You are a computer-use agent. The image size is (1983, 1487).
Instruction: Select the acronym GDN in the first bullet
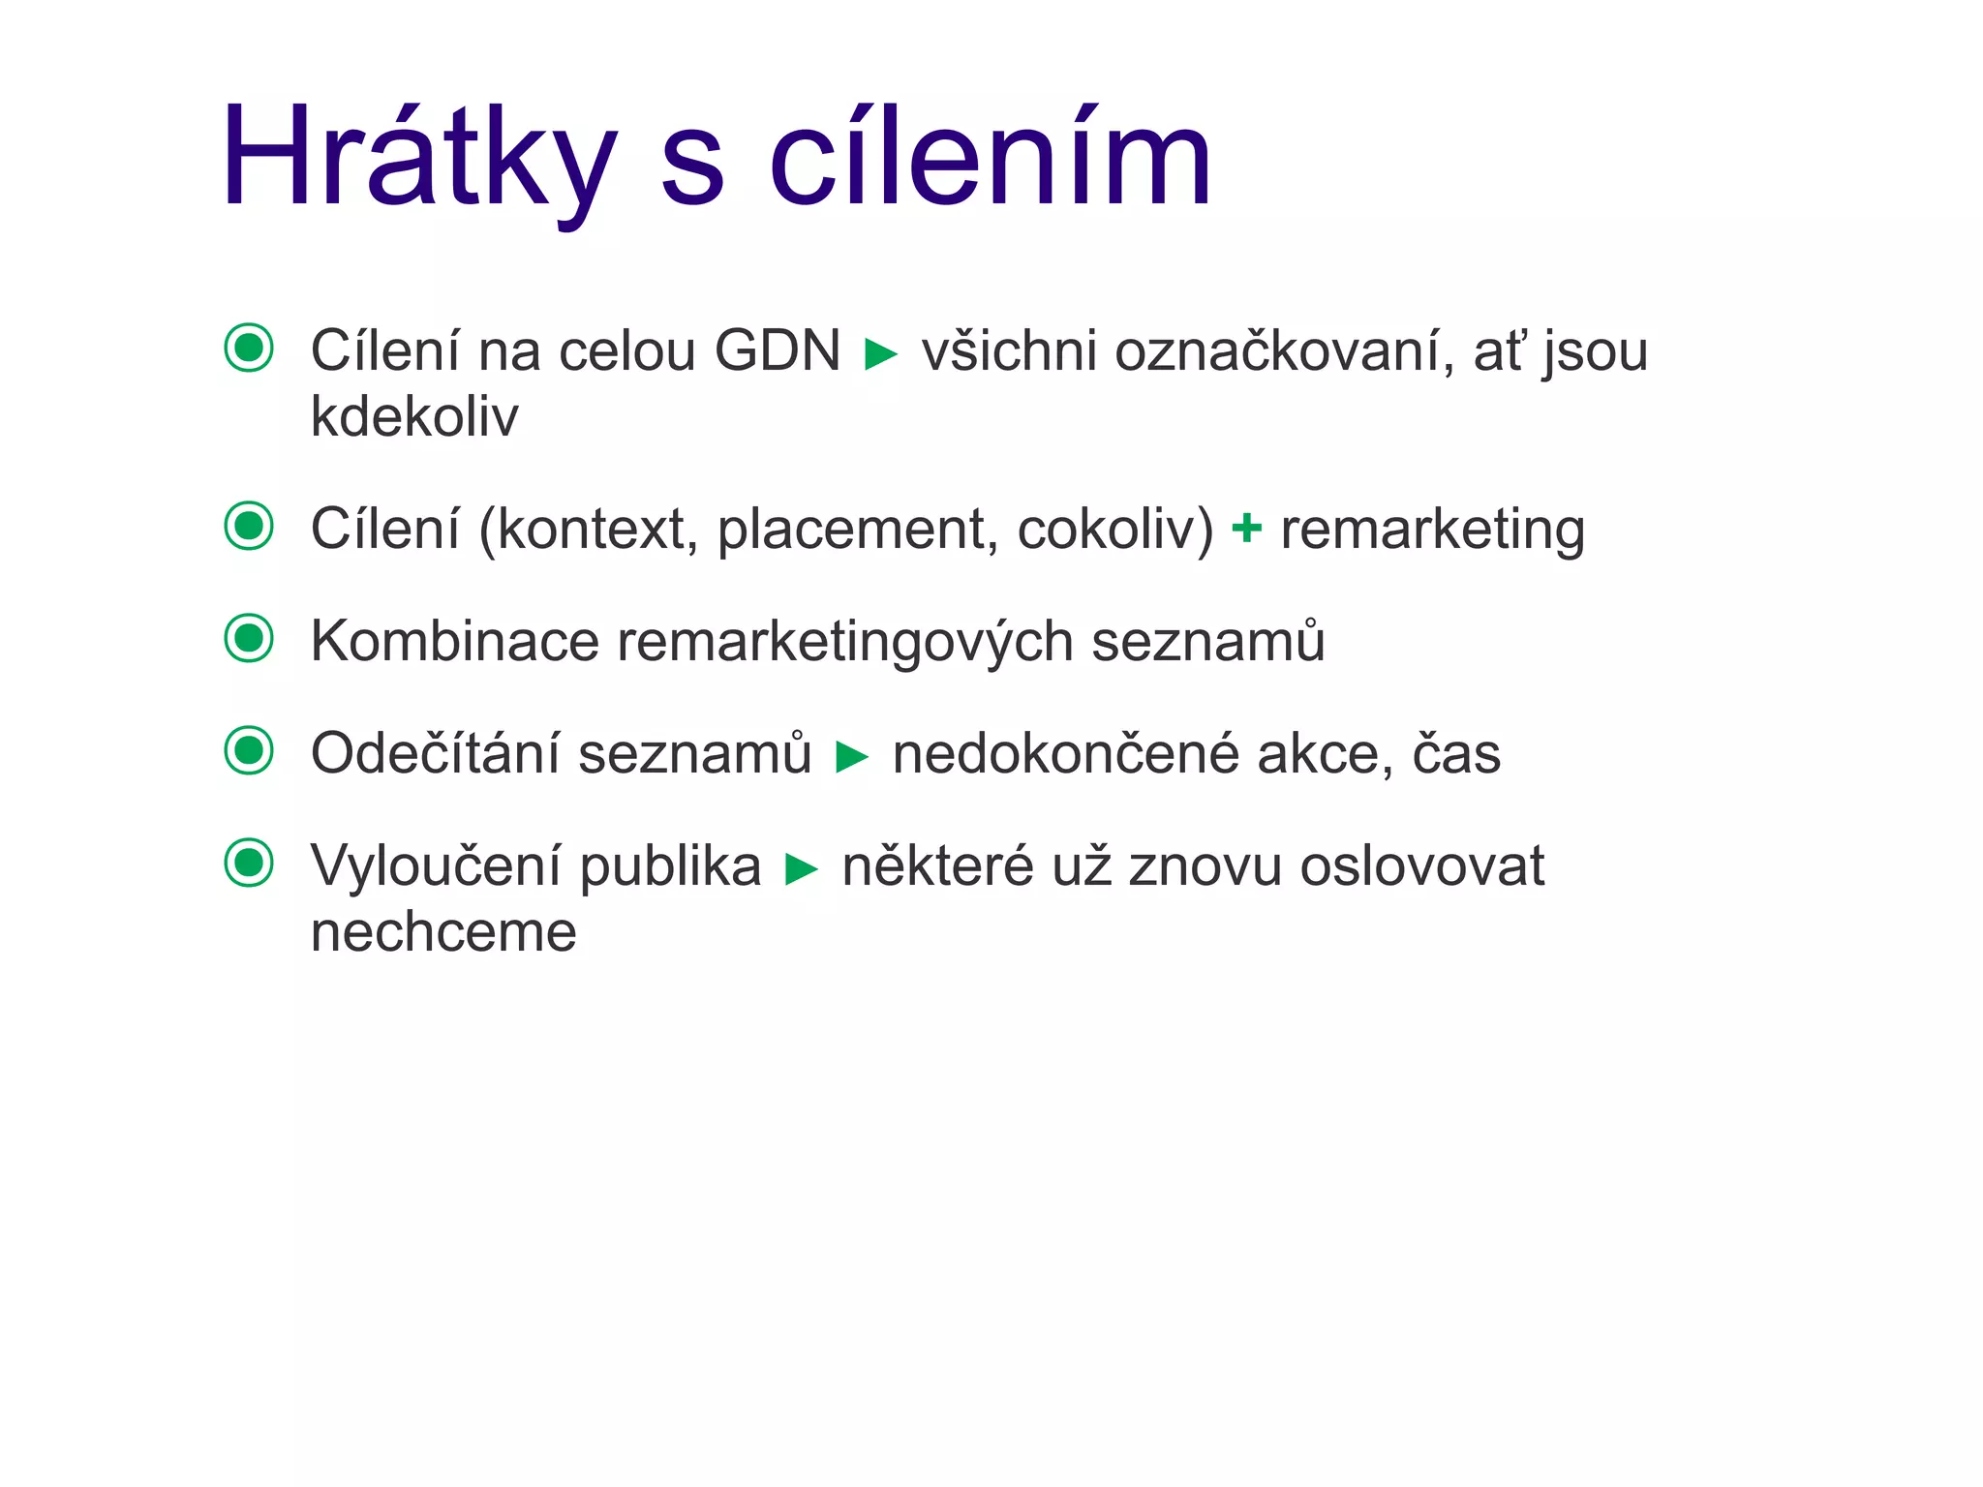pyautogui.click(x=778, y=350)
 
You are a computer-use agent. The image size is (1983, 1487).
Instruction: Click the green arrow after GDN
pyautogui.click(x=880, y=354)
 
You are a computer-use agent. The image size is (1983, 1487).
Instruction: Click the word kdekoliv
pyautogui.click(x=414, y=416)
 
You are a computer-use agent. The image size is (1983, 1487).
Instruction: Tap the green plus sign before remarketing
pyautogui.click(x=1246, y=529)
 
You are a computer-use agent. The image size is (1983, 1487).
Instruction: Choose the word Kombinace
pyautogui.click(x=455, y=641)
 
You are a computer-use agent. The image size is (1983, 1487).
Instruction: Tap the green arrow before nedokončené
pyautogui.click(x=852, y=757)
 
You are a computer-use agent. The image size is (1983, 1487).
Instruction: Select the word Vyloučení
pyautogui.click(x=435, y=865)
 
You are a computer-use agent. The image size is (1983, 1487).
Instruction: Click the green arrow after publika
pyautogui.click(x=802, y=869)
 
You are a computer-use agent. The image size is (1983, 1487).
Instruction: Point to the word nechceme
pyautogui.click(x=443, y=932)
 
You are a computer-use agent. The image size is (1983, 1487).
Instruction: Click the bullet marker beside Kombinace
pyautogui.click(x=249, y=639)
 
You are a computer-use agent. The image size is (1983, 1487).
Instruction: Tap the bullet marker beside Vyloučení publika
pyautogui.click(x=249, y=863)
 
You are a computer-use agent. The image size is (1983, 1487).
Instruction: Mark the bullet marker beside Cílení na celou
pyautogui.click(x=249, y=348)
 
